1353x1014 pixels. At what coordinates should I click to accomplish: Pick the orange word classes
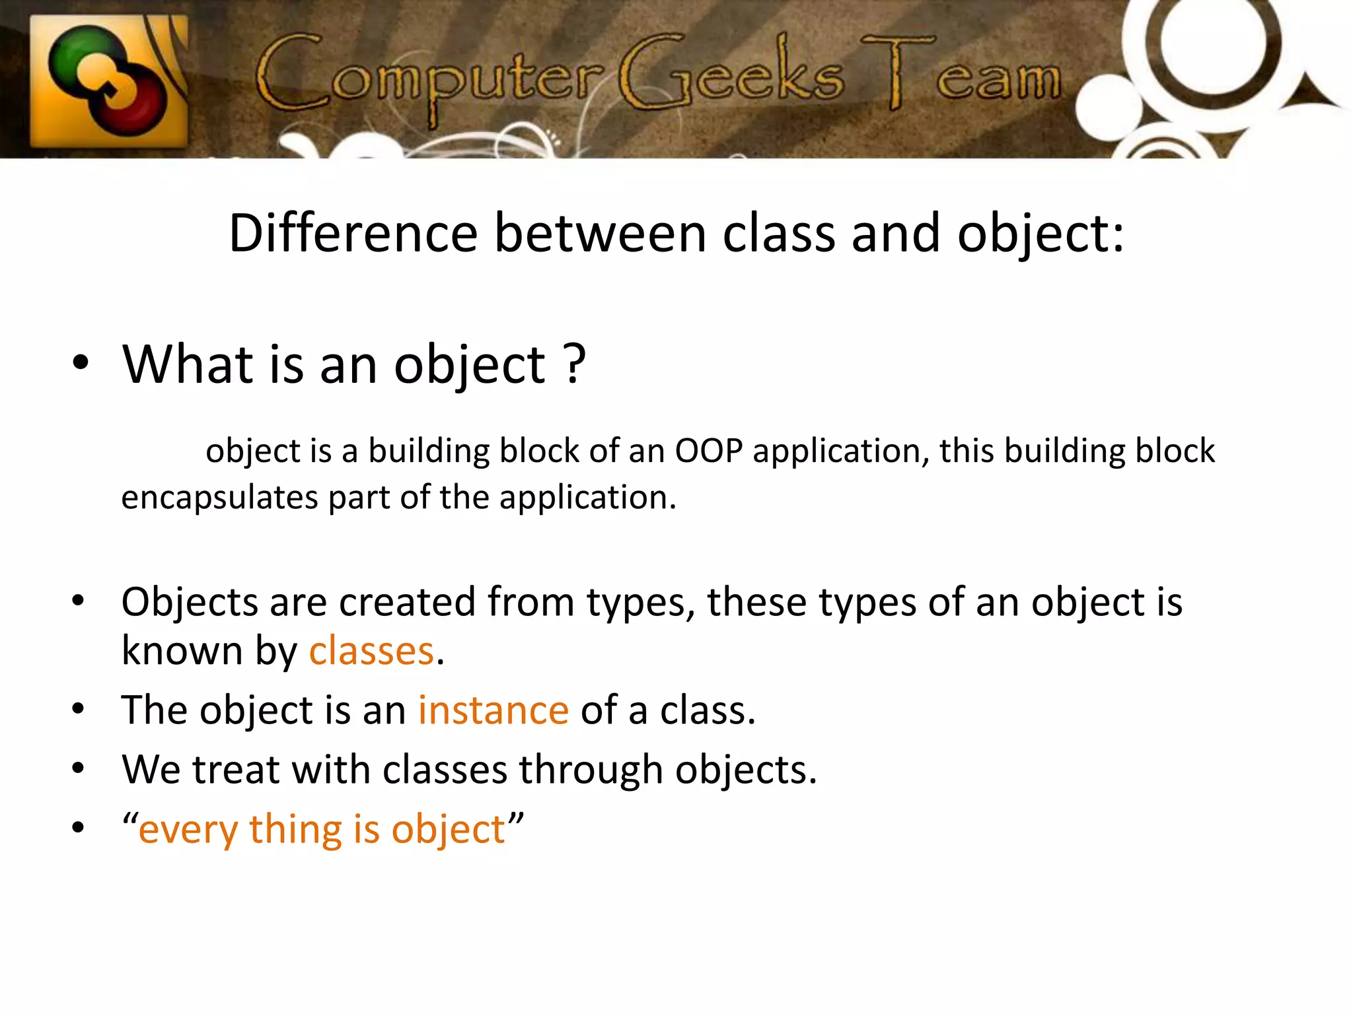[x=371, y=651]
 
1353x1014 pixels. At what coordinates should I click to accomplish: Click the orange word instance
[x=493, y=710]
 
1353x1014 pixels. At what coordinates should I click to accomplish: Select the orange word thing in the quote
[x=295, y=829]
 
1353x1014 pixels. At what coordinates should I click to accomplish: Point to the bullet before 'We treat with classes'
[x=79, y=768]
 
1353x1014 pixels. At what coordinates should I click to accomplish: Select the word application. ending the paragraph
[x=587, y=497]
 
